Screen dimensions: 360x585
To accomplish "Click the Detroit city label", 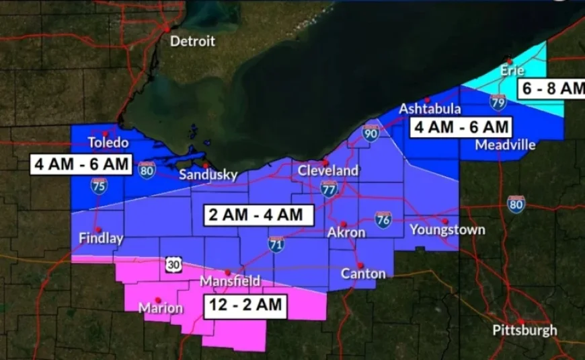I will [192, 41].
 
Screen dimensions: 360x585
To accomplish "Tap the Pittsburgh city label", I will [524, 330].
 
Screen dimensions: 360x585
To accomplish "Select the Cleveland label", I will [328, 171].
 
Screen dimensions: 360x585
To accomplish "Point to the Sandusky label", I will [208, 175].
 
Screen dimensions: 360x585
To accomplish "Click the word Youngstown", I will [447, 230].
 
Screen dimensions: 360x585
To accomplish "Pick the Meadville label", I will [505, 145].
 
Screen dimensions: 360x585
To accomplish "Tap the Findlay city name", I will [101, 238].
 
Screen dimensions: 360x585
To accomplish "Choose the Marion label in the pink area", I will [160, 308].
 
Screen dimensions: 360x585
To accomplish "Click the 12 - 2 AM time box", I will [245, 305].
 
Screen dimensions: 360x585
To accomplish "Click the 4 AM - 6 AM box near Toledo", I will [81, 164].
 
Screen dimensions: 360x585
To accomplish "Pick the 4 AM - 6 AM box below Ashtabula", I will [461, 126].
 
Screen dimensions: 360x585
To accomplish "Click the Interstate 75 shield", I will [99, 186].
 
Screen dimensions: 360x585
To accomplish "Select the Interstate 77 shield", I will [329, 188].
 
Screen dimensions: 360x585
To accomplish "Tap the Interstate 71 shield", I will [276, 244].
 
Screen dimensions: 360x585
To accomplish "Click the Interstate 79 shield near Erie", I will [498, 102].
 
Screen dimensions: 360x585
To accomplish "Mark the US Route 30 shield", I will [173, 265].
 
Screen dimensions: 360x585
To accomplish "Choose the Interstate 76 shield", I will [383, 219].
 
